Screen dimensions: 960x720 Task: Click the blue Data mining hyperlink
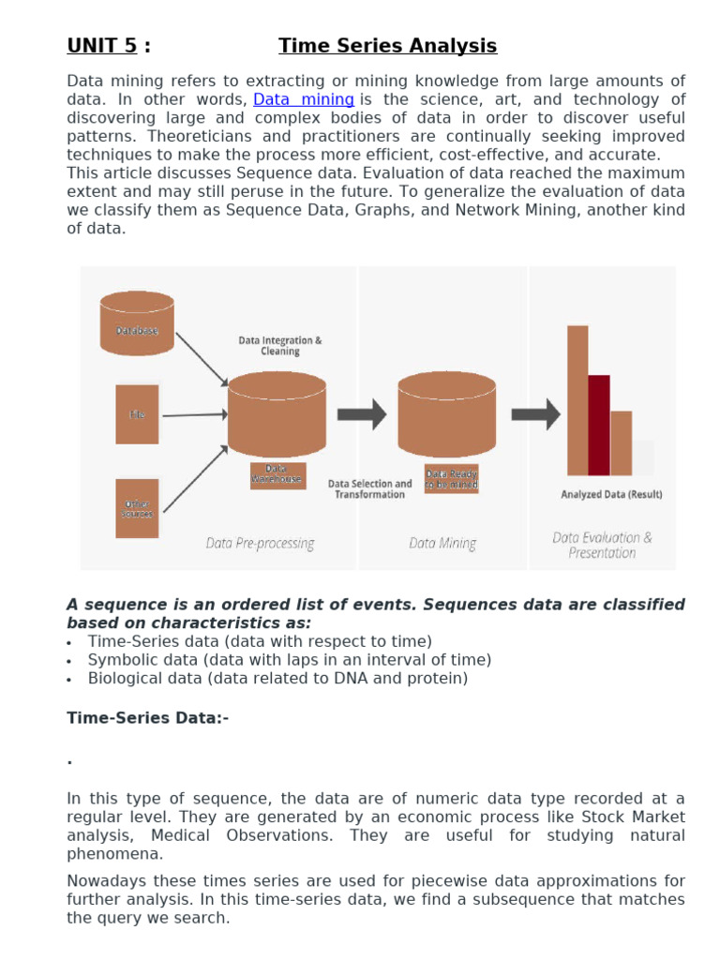coord(304,99)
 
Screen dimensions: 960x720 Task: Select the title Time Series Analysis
coord(387,46)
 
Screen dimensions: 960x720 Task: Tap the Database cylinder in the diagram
coord(137,323)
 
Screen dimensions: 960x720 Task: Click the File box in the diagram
coord(137,413)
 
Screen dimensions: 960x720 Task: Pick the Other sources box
coord(137,508)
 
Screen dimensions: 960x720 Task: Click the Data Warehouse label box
coord(277,474)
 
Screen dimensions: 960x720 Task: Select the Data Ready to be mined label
coord(451,478)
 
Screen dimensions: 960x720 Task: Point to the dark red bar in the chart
coord(598,425)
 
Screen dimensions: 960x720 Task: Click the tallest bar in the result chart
coord(577,400)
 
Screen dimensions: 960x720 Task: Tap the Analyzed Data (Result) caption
coord(611,494)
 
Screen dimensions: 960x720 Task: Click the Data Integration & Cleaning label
coord(279,346)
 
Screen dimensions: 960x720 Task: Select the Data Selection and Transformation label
coord(369,489)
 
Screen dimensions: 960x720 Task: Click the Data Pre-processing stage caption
coord(260,543)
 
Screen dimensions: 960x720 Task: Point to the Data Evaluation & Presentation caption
coord(602,545)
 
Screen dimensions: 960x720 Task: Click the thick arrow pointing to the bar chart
coord(535,413)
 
